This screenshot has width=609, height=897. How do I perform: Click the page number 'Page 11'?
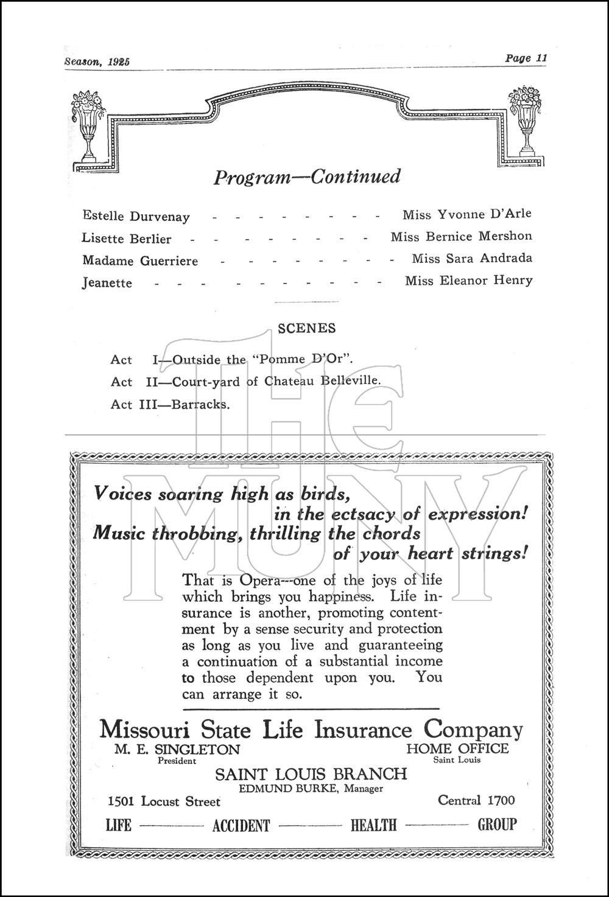[526, 58]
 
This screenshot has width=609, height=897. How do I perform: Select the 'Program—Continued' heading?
[307, 177]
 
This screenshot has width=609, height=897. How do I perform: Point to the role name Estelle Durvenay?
[136, 216]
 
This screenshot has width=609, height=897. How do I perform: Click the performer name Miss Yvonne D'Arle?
[466, 214]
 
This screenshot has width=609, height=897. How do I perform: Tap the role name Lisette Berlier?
[127, 239]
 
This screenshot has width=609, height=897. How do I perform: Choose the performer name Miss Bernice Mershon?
[461, 236]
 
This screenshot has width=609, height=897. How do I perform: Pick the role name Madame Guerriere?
[140, 260]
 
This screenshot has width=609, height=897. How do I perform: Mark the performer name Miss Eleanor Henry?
[468, 281]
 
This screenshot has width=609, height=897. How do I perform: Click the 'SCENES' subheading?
[306, 328]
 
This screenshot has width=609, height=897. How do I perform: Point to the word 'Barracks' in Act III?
[200, 404]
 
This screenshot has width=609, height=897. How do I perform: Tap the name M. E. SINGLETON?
[177, 749]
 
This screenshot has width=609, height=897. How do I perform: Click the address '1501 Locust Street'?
[164, 801]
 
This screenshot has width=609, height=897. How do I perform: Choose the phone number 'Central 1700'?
[476, 800]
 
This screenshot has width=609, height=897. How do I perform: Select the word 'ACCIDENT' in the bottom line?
[241, 826]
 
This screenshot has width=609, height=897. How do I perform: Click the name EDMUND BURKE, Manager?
[311, 789]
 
